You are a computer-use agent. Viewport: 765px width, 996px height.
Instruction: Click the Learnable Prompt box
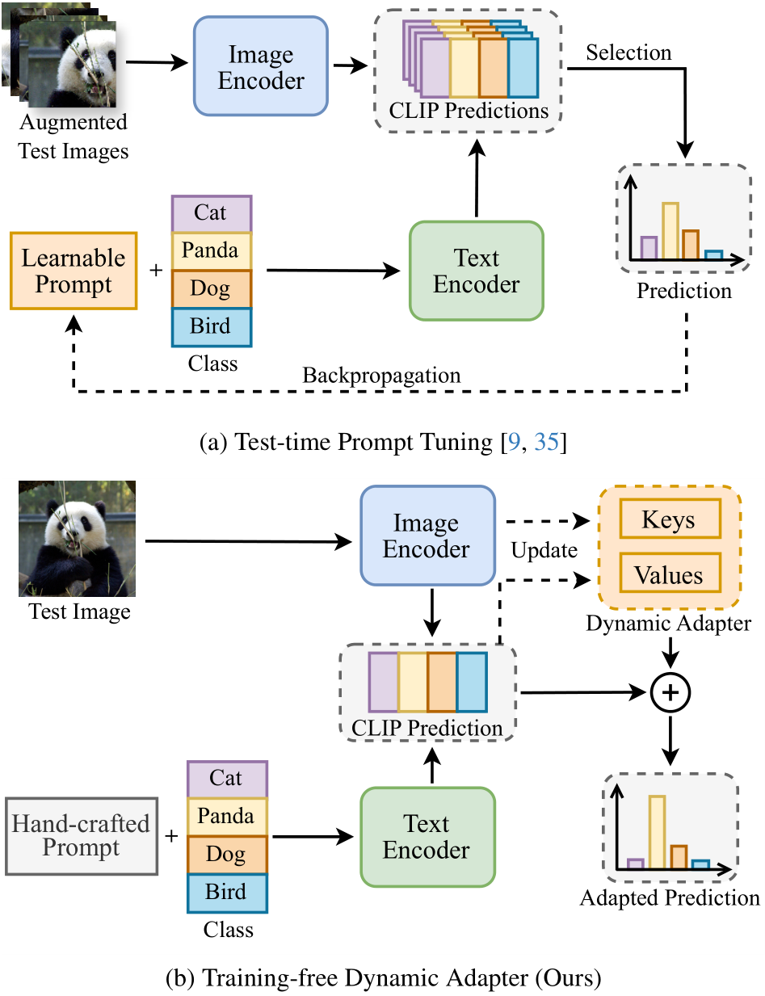point(74,271)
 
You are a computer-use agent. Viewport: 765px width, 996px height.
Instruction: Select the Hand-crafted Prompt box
point(82,836)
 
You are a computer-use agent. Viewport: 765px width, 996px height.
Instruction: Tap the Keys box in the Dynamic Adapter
point(670,519)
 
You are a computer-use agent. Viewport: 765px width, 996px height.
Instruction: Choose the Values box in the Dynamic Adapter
point(670,573)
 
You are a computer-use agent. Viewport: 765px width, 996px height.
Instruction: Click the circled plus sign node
point(670,692)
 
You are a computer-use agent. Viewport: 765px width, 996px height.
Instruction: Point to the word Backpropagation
point(381,376)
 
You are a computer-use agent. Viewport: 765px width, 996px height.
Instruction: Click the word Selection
point(628,53)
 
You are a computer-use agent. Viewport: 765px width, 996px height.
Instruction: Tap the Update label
point(544,550)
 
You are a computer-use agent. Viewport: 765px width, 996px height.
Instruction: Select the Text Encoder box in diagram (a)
point(477,271)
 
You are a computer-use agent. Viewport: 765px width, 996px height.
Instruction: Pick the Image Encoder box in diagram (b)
point(427,536)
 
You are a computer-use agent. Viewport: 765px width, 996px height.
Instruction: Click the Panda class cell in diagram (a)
point(212,250)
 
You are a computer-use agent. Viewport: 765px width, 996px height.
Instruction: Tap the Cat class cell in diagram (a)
point(212,213)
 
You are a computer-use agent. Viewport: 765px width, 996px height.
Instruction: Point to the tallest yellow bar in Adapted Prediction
point(657,832)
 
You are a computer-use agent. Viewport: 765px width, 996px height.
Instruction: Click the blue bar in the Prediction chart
point(713,254)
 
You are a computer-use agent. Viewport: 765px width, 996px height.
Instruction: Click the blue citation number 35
point(546,442)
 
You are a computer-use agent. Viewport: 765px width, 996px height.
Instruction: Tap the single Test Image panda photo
point(77,539)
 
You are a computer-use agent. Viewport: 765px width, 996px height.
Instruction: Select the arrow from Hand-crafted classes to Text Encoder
point(313,837)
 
